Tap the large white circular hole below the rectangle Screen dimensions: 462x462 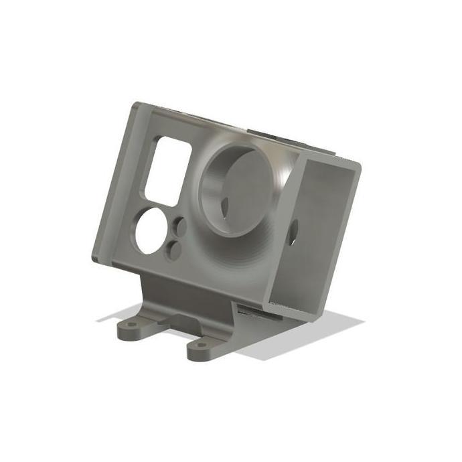[x=151, y=231]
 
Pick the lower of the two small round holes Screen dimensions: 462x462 [x=174, y=250]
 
